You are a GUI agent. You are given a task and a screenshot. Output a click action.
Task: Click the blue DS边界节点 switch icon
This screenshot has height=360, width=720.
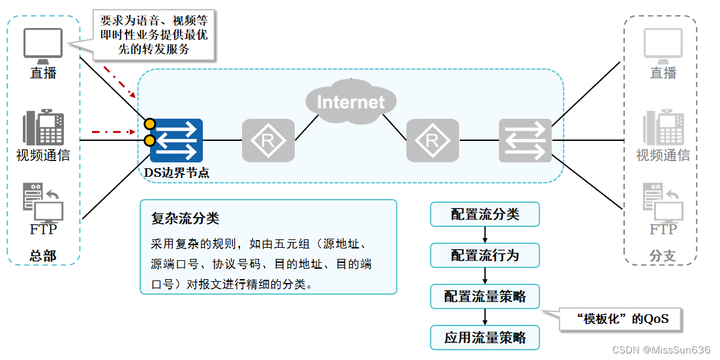[x=176, y=141]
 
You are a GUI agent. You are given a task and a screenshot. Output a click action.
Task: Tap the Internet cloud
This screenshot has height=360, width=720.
[x=351, y=102]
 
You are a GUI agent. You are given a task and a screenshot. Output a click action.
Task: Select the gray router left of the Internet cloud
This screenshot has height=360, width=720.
[x=268, y=141]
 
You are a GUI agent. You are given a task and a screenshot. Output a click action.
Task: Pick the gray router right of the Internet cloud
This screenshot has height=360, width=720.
[x=432, y=141]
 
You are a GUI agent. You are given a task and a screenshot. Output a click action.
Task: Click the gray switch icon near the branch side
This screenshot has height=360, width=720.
[x=525, y=141]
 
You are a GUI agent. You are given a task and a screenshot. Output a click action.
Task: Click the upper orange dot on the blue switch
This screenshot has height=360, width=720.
[x=150, y=123]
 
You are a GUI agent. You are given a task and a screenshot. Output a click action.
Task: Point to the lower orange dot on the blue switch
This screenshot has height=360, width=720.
[x=150, y=141]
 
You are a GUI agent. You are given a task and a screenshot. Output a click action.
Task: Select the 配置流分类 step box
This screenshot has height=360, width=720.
[x=485, y=215]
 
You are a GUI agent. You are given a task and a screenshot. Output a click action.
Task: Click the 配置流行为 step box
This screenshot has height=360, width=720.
[x=485, y=256]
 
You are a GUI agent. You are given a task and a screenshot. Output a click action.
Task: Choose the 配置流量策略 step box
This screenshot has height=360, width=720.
[x=485, y=297]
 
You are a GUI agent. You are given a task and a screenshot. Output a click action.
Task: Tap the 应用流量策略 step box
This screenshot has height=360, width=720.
[x=485, y=338]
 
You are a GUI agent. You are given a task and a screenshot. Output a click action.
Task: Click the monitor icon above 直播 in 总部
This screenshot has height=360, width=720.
[x=43, y=44]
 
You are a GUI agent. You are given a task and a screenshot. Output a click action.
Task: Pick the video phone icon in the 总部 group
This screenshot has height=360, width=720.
[x=43, y=127]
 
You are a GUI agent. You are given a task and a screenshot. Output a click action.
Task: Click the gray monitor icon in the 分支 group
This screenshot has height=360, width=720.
[x=663, y=44]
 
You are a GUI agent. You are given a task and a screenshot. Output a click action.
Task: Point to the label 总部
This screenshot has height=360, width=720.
[x=43, y=256]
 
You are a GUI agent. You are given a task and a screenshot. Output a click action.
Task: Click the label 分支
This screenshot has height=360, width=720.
[x=663, y=256]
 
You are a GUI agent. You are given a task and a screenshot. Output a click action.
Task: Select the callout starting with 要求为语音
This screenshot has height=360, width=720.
[x=154, y=35]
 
